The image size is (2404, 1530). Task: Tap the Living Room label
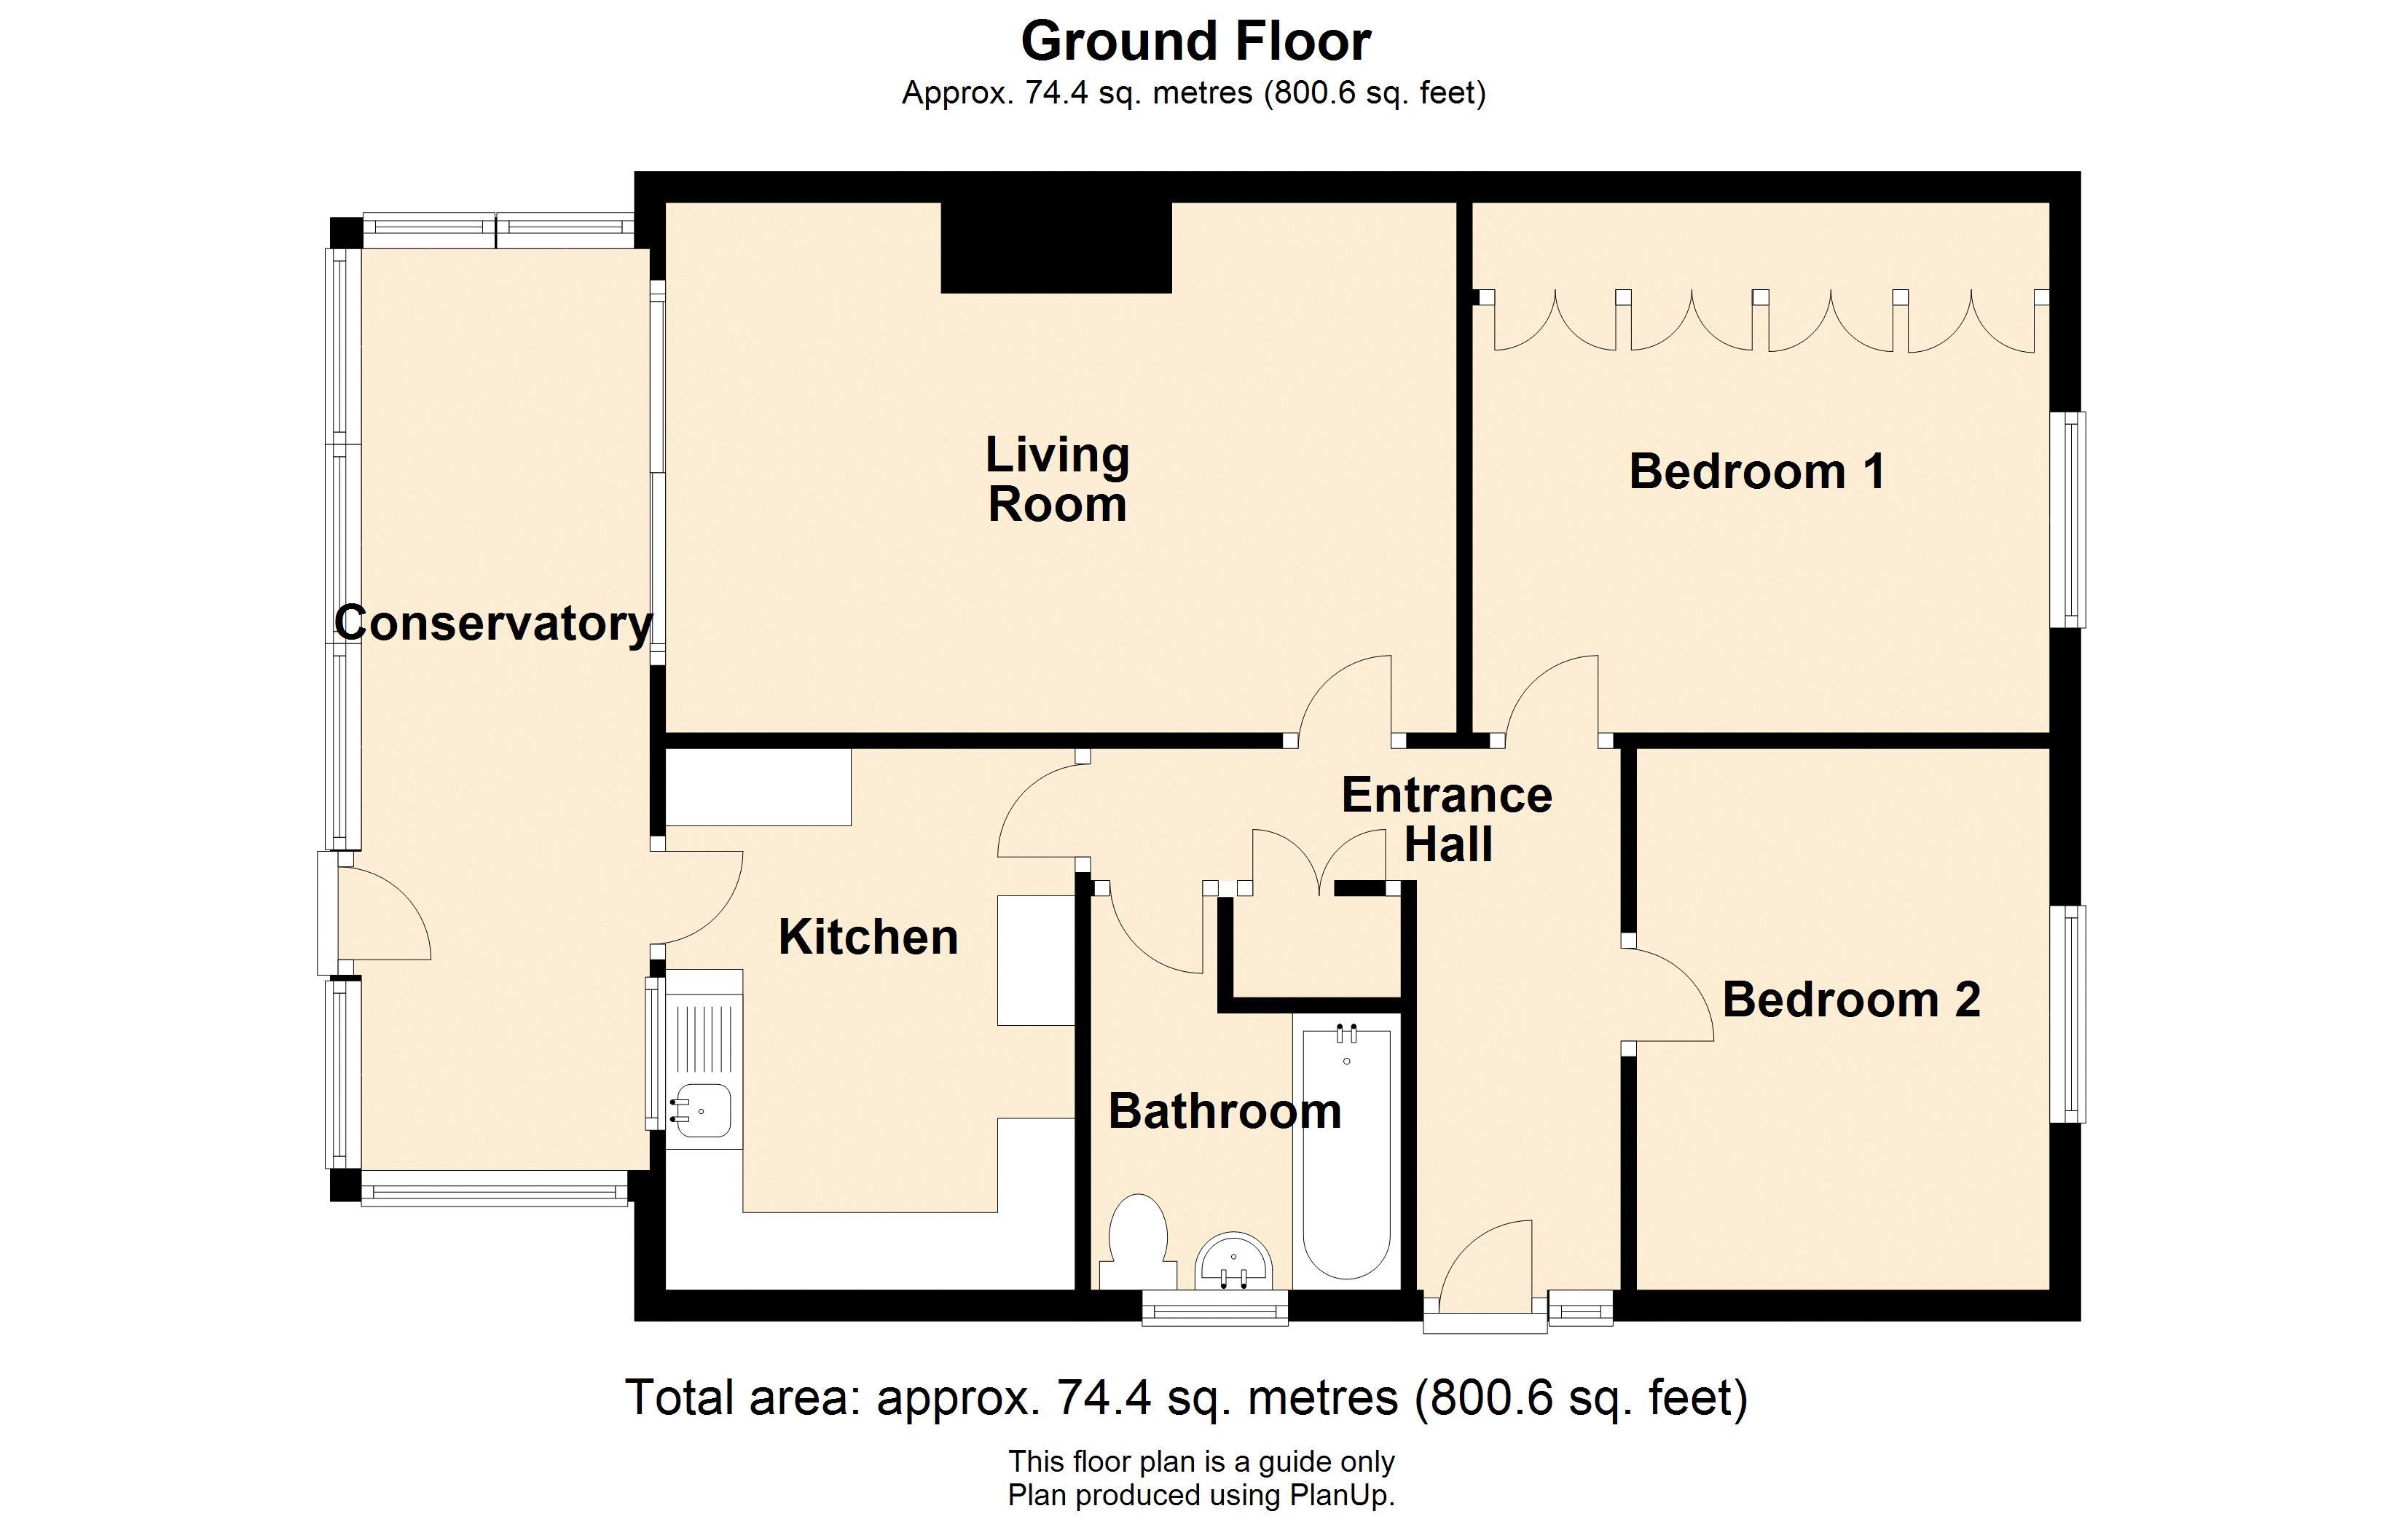1057,479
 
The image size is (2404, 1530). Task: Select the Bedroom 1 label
1757,471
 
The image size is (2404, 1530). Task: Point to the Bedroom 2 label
1851,1000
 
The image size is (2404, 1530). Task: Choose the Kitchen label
868,938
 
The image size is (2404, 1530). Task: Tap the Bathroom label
1225,1112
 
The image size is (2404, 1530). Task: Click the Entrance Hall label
1447,820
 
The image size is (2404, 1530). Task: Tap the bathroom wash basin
1234,1260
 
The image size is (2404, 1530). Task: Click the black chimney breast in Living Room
1056,247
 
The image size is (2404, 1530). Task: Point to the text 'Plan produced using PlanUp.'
1201,1495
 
